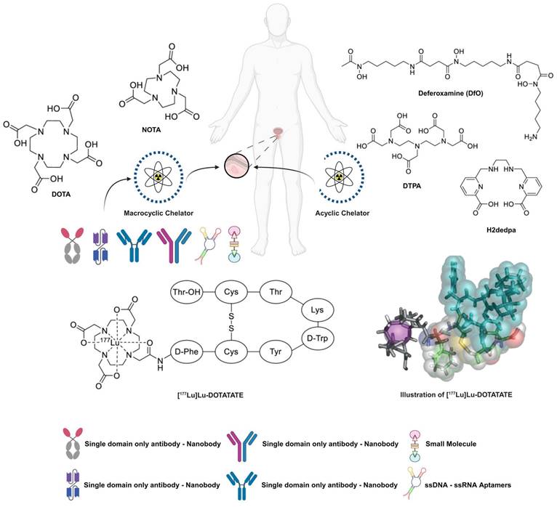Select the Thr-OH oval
click(x=185, y=292)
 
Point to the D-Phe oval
click(x=185, y=352)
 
